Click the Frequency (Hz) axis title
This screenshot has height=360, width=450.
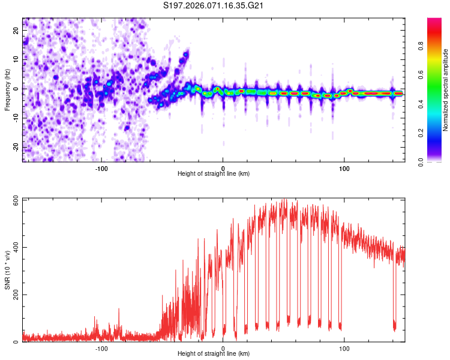[x=7, y=89]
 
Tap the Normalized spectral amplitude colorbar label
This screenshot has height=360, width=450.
[x=445, y=90]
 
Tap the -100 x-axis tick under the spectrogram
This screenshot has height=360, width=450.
[x=101, y=167]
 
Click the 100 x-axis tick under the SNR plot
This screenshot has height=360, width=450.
[x=344, y=347]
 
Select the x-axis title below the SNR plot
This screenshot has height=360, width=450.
[x=214, y=354]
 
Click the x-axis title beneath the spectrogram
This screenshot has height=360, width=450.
[x=214, y=174]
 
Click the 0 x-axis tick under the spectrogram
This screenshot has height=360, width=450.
[x=223, y=167]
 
